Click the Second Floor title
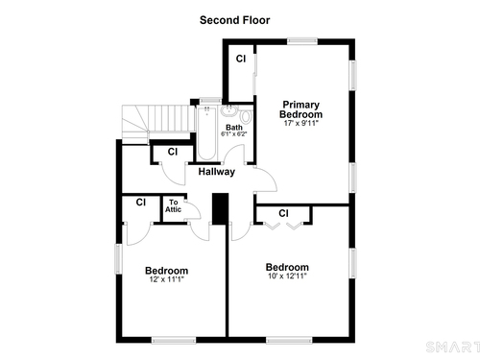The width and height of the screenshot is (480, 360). tap(234, 20)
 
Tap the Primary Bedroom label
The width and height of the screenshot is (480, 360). tap(300, 109)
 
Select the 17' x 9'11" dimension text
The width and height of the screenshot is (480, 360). tap(301, 123)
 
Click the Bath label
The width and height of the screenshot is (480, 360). tap(234, 128)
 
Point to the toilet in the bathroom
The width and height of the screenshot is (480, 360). tap(246, 116)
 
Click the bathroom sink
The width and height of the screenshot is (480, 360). tap(228, 110)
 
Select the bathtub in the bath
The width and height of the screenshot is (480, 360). tap(206, 132)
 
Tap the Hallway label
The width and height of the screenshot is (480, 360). tap(217, 172)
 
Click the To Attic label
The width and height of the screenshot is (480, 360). tap(173, 205)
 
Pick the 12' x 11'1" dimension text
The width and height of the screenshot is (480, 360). tap(166, 279)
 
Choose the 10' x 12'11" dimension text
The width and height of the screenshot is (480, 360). tap(287, 276)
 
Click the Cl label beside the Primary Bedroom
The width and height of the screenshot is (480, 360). tap(241, 59)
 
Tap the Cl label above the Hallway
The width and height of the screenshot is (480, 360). tap(173, 152)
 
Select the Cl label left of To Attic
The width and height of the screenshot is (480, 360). tap(141, 203)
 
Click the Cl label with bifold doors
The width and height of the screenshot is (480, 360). tap(283, 213)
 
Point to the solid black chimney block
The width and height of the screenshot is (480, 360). tap(221, 208)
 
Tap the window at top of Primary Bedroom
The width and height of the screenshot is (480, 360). tap(302, 41)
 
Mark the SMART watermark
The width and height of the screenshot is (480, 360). tap(453, 348)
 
